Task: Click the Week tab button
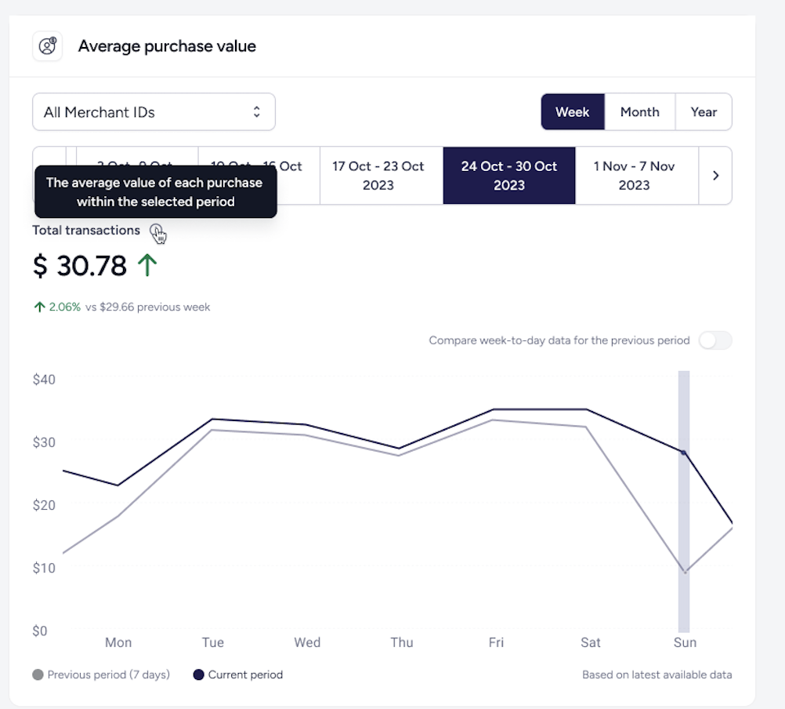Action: pyautogui.click(x=572, y=112)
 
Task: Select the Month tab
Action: pyautogui.click(x=639, y=112)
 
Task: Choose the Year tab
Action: pyautogui.click(x=704, y=112)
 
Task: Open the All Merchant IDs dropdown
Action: pyautogui.click(x=154, y=112)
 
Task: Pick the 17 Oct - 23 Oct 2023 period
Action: pyautogui.click(x=378, y=176)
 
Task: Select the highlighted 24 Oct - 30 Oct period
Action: pyautogui.click(x=509, y=176)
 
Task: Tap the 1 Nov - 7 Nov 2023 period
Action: pyautogui.click(x=634, y=176)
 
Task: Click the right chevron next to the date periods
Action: pyautogui.click(x=715, y=176)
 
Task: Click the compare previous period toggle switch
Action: pyautogui.click(x=715, y=340)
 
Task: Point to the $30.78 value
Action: pyautogui.click(x=80, y=267)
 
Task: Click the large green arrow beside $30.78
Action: pyautogui.click(x=147, y=266)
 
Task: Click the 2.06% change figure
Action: pyautogui.click(x=64, y=307)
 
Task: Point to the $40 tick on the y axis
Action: pyautogui.click(x=44, y=380)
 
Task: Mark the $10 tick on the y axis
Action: pyautogui.click(x=44, y=568)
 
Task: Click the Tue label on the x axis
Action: pyautogui.click(x=213, y=642)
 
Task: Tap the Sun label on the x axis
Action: pyautogui.click(x=685, y=642)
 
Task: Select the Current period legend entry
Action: pyautogui.click(x=238, y=674)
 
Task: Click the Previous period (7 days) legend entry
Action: pyautogui.click(x=102, y=674)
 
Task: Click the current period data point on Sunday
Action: pyautogui.click(x=683, y=453)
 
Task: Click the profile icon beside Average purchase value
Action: pyautogui.click(x=47, y=46)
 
